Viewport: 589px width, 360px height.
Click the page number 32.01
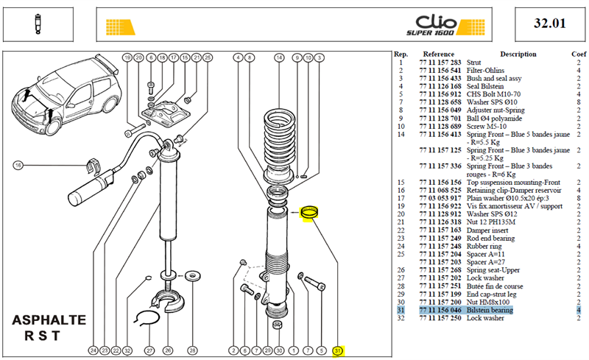click(549, 24)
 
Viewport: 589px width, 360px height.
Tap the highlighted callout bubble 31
click(338, 350)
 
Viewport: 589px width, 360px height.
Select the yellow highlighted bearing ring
click(309, 212)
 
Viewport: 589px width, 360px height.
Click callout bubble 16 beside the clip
click(18, 165)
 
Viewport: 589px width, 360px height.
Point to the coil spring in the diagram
click(279, 138)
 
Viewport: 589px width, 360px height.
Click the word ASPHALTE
click(49, 320)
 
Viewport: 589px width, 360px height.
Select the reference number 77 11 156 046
click(440, 310)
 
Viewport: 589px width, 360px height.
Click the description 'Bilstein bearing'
click(490, 310)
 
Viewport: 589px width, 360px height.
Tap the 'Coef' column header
click(579, 54)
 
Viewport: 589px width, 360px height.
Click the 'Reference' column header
click(438, 54)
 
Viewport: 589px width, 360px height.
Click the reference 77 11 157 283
click(440, 63)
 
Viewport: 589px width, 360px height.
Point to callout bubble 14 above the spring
click(279, 57)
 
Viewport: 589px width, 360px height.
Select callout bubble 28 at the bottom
click(192, 350)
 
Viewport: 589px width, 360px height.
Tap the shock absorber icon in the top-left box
click(38, 24)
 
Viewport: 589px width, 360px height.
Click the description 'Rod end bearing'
click(490, 239)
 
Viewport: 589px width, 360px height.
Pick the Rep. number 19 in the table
click(401, 206)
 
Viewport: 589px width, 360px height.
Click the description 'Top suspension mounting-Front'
click(513, 183)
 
